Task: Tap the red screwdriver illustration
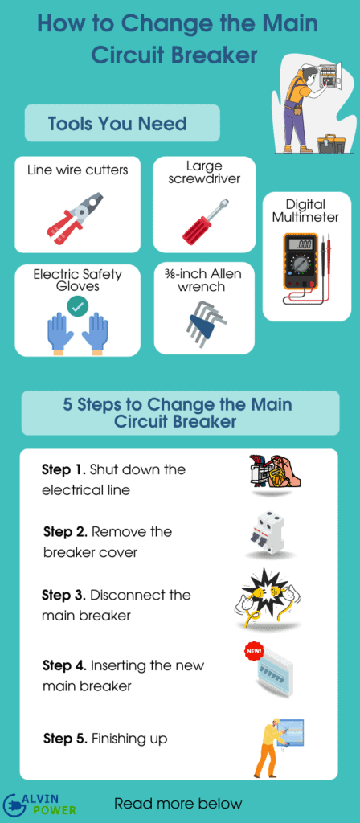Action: tap(206, 223)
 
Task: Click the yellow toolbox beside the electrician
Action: tap(332, 143)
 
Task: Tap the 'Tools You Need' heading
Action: tap(117, 124)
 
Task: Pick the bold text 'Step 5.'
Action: tap(65, 739)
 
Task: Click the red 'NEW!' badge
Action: tap(253, 651)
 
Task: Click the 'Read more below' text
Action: tap(178, 803)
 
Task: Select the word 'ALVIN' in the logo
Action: tap(45, 798)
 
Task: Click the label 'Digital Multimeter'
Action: tap(305, 211)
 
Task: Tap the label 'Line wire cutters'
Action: tap(77, 170)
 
